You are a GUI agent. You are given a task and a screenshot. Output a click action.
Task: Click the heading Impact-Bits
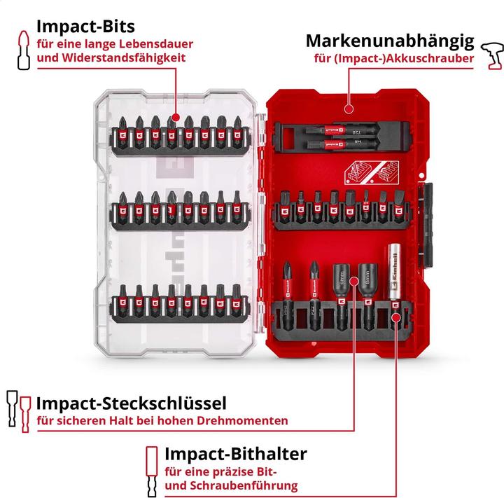pos(82,26)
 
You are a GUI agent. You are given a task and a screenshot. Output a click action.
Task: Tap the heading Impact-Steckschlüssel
pos(131,403)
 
